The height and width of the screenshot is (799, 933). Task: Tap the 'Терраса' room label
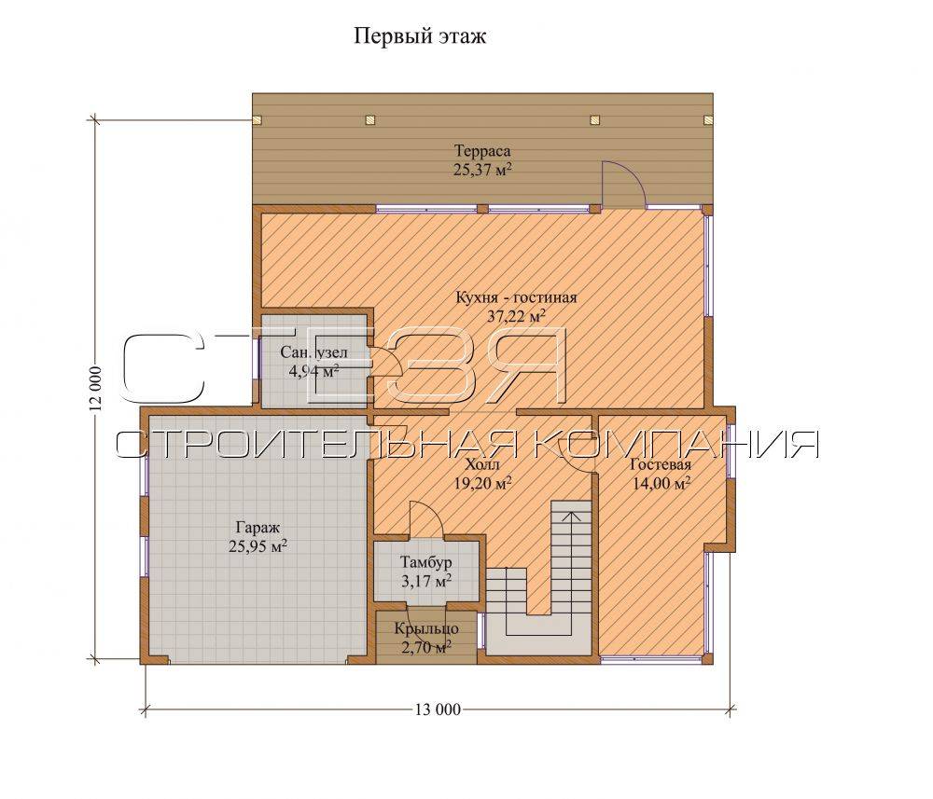click(482, 151)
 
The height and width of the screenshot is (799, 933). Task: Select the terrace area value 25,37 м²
click(482, 170)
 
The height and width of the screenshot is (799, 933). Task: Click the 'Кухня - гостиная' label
click(516, 296)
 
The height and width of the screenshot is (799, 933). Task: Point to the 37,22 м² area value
click(517, 316)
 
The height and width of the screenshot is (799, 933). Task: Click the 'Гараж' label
click(258, 528)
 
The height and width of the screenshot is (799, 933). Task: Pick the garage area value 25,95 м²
click(258, 545)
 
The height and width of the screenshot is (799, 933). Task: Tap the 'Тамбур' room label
click(425, 562)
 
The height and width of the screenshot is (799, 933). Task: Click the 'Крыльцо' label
click(426, 628)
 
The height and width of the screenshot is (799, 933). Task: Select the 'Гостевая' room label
click(661, 465)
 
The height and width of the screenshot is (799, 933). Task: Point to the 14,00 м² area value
click(661, 483)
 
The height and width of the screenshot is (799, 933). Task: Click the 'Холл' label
click(480, 465)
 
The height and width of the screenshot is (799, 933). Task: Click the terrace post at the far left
click(258, 119)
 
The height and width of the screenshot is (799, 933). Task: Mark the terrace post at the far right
click(708, 119)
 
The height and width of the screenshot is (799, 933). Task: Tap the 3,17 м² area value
click(426, 581)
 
